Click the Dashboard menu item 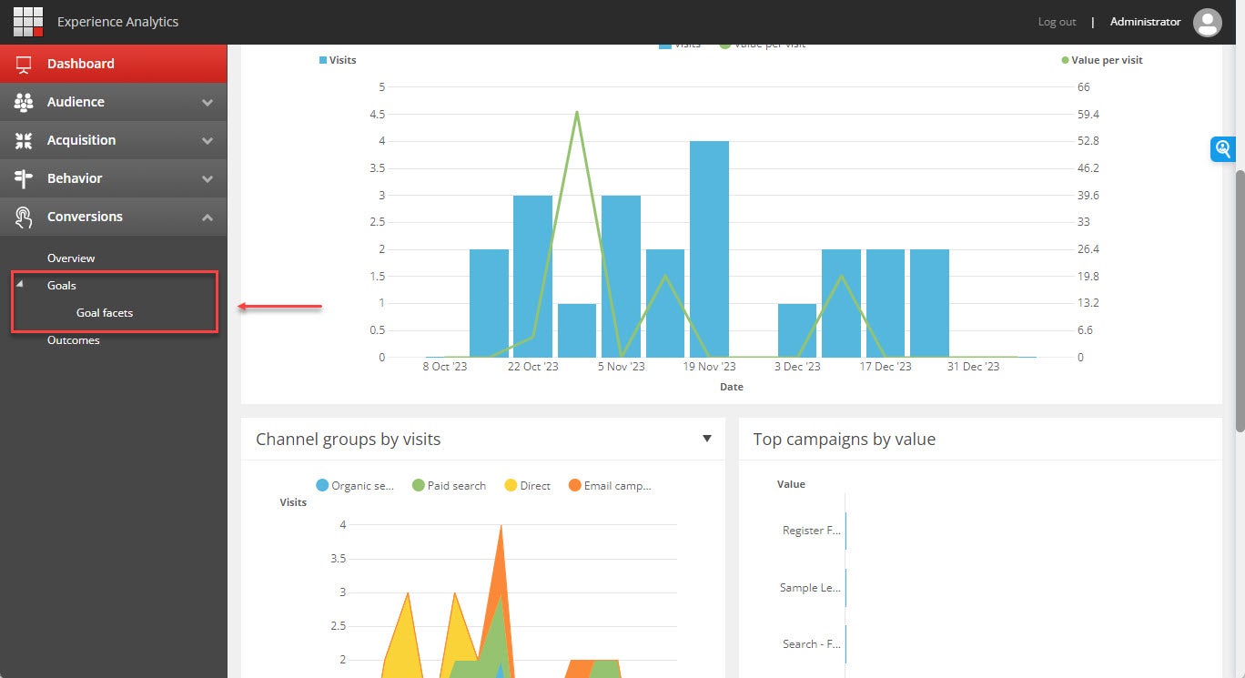click(x=80, y=64)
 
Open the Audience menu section click(x=76, y=102)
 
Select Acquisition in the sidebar click(x=81, y=140)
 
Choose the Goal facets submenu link click(x=105, y=313)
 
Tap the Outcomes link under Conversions click(x=74, y=340)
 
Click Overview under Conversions click(x=71, y=258)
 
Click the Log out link click(x=1057, y=22)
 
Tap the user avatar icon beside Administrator click(x=1207, y=22)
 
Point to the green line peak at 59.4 click(x=577, y=113)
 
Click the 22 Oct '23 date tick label click(x=532, y=367)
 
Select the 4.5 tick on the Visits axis click(x=376, y=115)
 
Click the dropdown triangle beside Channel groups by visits click(x=707, y=439)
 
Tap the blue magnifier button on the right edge click(x=1222, y=149)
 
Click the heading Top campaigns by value click(x=844, y=440)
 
